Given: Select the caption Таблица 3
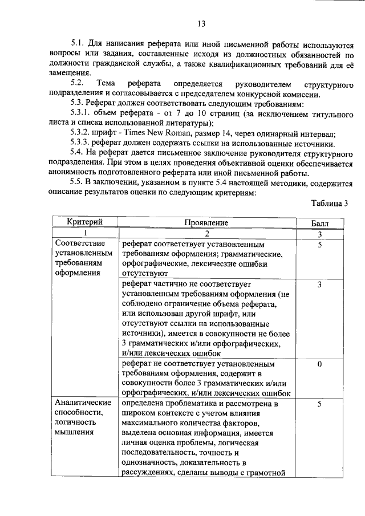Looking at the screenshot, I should (x=329, y=204).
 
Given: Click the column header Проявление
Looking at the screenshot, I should (x=206, y=222).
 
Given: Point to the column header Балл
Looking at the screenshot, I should (x=320, y=222).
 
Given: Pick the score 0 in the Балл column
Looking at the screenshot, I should (x=320, y=364).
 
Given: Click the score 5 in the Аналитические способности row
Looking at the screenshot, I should (x=320, y=404).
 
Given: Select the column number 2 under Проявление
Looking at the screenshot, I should (x=207, y=233).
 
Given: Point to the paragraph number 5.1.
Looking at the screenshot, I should (x=78, y=43).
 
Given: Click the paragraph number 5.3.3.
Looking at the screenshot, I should (x=82, y=144).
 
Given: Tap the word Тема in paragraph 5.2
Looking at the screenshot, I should (x=107, y=84).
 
